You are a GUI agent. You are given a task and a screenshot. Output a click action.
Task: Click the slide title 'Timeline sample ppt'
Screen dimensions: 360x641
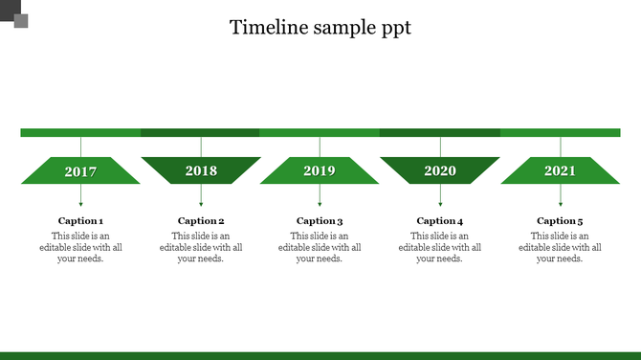320,27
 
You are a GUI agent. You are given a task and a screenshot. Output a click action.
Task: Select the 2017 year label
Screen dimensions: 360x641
80,171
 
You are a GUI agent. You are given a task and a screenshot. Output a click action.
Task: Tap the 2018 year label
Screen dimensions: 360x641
201,171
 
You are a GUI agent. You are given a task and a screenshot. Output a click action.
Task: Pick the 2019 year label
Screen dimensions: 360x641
320,171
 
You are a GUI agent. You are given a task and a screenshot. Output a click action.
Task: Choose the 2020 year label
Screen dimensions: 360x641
440,171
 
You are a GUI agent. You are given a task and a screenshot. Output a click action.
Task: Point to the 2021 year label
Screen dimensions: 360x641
560,171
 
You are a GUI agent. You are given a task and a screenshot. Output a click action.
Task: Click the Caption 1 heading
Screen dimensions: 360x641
80,221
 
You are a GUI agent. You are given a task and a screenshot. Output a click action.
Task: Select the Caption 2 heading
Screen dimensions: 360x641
201,221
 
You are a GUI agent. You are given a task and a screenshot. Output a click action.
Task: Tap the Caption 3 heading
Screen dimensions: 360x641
320,221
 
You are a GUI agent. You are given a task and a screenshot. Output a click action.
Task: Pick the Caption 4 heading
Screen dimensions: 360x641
440,221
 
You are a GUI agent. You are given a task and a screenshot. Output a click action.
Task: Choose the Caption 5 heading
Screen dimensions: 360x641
560,221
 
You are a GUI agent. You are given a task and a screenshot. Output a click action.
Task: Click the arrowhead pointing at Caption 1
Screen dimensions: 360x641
80,203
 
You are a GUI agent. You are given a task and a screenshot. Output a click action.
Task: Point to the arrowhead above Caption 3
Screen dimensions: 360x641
320,203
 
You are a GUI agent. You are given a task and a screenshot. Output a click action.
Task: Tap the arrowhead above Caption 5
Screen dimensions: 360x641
561,203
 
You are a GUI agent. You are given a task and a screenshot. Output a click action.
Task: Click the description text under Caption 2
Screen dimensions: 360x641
201,247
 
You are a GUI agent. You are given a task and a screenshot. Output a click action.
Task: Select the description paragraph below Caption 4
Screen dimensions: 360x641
440,247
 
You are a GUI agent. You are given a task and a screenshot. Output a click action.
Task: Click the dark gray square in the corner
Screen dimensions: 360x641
20,20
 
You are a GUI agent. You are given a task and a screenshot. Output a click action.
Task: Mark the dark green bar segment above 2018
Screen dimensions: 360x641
200,132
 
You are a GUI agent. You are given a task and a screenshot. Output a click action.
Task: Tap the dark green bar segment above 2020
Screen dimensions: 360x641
439,132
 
